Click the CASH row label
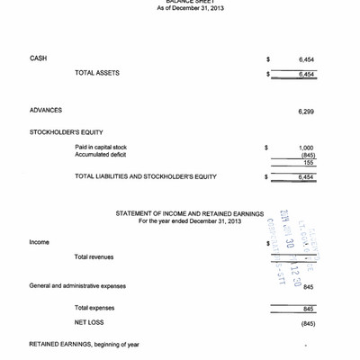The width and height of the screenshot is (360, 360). (x=38, y=59)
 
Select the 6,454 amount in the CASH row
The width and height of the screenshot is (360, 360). (x=306, y=59)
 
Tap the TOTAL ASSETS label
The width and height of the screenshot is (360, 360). (x=97, y=73)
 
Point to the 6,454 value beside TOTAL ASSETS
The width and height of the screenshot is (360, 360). (x=306, y=74)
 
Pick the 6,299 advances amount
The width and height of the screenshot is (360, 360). (x=306, y=112)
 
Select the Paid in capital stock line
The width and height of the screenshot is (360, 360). (x=101, y=147)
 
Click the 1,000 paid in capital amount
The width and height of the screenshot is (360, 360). (x=306, y=147)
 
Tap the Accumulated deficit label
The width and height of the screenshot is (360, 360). (x=99, y=154)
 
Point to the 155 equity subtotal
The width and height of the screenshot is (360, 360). (x=309, y=162)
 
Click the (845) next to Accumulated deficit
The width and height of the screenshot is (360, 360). (x=307, y=154)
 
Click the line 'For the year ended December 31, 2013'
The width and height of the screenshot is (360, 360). (x=184, y=220)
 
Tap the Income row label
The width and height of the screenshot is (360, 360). (x=40, y=242)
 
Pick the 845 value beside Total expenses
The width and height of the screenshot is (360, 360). (x=308, y=309)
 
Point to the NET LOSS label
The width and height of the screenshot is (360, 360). (x=90, y=321)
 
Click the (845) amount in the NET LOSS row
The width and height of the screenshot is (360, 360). (x=308, y=322)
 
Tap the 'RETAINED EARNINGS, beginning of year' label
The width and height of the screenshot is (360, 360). (x=85, y=344)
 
